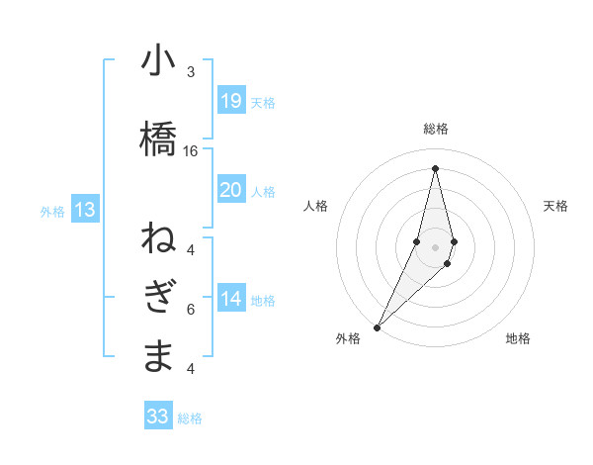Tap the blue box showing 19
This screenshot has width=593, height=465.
pos(231,101)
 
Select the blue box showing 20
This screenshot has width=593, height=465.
pos(231,190)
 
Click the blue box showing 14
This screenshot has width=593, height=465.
pos(231,300)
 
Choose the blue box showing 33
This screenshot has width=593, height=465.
pos(158,417)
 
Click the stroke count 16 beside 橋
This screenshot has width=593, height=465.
pos(191,151)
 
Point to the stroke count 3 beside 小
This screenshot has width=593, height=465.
pos(191,72)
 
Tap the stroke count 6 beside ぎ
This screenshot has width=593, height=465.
pos(191,310)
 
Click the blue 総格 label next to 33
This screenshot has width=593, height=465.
pos(191,418)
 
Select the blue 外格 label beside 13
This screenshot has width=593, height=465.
pos(52,211)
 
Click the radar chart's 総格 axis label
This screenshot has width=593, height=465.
pos(436,130)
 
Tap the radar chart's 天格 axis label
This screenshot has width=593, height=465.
pos(556,206)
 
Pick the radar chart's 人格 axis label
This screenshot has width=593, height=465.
pos(315,206)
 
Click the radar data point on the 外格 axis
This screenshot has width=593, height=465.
pos(378,326)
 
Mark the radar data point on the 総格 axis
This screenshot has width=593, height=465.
pos(436,168)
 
